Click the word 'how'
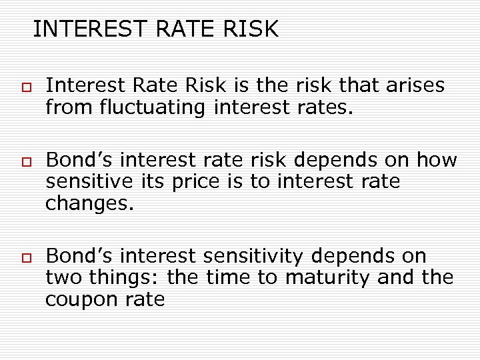[x=437, y=161]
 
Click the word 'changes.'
[x=90, y=203]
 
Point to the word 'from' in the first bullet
[x=64, y=107]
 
